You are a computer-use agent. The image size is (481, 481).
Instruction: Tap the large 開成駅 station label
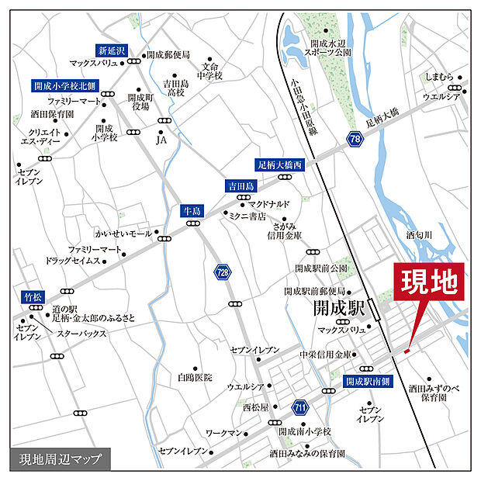(338, 309)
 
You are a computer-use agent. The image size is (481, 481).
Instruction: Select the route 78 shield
(355, 139)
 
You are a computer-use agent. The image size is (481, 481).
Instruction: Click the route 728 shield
(222, 273)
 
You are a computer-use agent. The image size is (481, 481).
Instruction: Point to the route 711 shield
(300, 407)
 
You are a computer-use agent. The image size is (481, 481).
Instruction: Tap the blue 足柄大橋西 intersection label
(279, 165)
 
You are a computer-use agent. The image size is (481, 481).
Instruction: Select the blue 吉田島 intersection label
(240, 186)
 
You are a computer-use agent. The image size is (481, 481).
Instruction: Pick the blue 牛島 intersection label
(191, 210)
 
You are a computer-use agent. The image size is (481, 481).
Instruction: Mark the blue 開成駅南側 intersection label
(369, 382)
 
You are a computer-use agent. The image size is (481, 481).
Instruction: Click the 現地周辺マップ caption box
(60, 459)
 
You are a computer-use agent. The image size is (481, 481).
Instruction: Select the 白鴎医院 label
(194, 377)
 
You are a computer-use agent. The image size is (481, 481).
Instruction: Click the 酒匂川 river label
(423, 233)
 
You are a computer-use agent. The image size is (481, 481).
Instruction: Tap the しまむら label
(440, 78)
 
